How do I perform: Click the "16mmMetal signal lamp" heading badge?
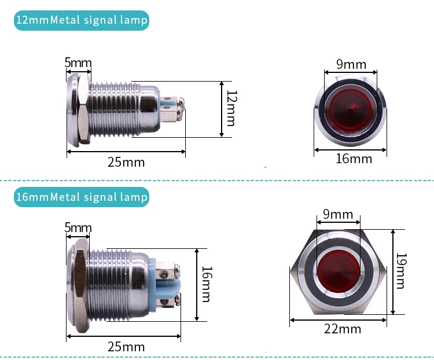pyautogui.click(x=82, y=197)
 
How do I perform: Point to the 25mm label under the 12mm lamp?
pyautogui.click(x=126, y=161)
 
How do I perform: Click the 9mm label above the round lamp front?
pyautogui.click(x=351, y=64)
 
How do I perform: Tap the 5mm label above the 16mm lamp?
pyautogui.click(x=78, y=227)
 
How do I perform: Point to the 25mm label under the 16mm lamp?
pyautogui.click(x=126, y=347)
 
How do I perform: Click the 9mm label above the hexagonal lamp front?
pyautogui.click(x=338, y=214)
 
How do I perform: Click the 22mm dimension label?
pyautogui.click(x=343, y=329)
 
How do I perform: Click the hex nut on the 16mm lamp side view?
pyautogui.click(x=80, y=284)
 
